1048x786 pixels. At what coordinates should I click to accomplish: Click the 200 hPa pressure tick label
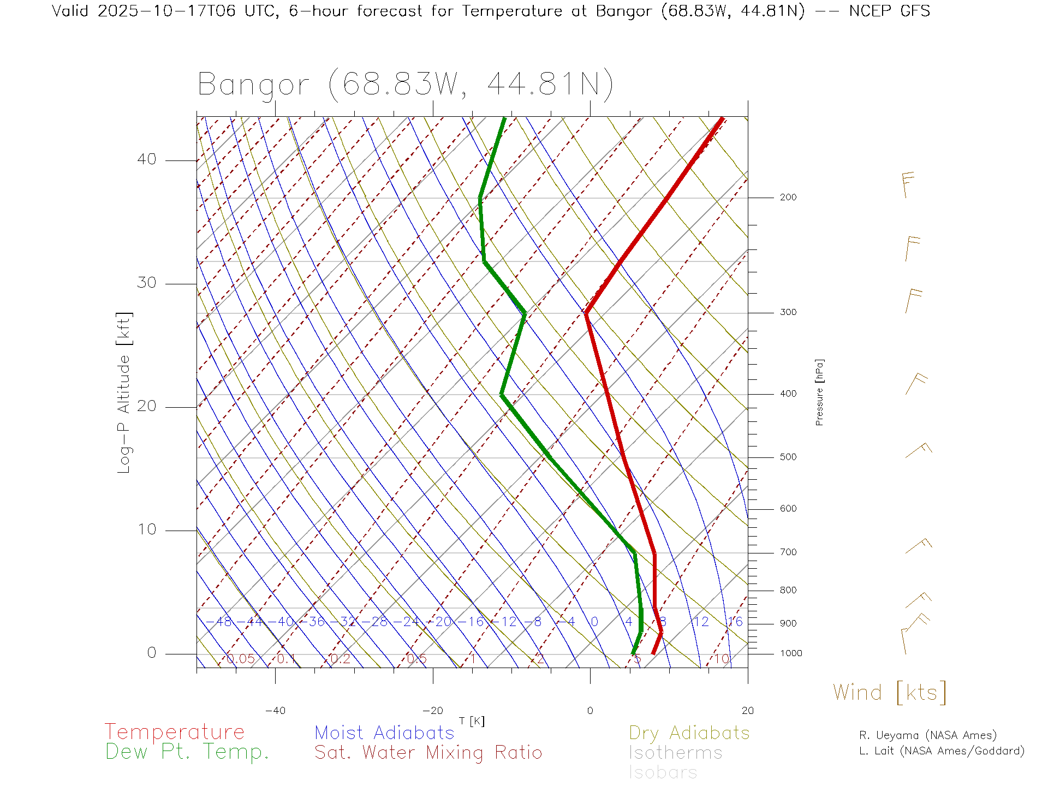[x=788, y=198]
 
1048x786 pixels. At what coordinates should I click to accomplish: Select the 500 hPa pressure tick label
[x=788, y=457]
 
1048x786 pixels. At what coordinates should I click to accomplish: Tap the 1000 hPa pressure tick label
[x=790, y=653]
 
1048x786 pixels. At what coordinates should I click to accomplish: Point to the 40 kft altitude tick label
[x=146, y=159]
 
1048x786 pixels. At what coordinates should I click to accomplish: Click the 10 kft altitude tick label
[x=146, y=529]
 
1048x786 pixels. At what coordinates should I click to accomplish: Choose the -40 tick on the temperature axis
[x=275, y=711]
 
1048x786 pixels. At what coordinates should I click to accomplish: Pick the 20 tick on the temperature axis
[x=747, y=711]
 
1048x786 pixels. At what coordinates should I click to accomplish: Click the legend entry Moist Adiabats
[x=384, y=733]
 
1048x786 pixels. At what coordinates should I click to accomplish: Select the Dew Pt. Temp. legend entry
[x=187, y=752]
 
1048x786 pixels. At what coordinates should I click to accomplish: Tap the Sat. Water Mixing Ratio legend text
[x=428, y=753]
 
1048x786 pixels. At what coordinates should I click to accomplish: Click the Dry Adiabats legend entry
[x=689, y=733]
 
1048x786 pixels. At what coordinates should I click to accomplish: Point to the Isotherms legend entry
[x=675, y=753]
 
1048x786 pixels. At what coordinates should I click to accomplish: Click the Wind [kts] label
[x=889, y=693]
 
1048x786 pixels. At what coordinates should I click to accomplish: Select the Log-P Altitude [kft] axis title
[x=124, y=392]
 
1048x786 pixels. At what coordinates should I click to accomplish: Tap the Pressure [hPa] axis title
[x=819, y=392]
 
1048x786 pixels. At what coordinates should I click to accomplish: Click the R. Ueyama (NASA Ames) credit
[x=927, y=735]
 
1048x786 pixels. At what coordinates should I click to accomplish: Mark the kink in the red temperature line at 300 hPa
[x=586, y=312]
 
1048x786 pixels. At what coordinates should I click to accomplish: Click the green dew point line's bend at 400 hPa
[x=502, y=394]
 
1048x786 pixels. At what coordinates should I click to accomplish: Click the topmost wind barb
[x=906, y=184]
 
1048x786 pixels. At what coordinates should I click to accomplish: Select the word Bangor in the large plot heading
[x=253, y=85]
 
